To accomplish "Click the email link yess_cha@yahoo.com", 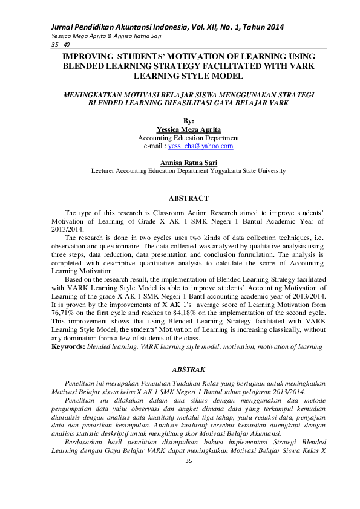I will pos(201,146).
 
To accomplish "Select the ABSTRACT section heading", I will pos(188,198).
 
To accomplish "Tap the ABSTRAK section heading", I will pos(188,368).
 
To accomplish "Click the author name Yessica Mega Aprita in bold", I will pos(188,129).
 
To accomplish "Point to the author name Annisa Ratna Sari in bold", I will pos(188,163).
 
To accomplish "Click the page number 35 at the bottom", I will pos(188,462).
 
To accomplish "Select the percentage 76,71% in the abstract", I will pos(64,316).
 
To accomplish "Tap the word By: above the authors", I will pos(188,121).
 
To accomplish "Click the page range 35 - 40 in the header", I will pos(44,44).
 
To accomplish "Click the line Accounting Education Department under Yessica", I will pos(188,138).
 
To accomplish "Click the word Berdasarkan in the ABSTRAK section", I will pos(84,442).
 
